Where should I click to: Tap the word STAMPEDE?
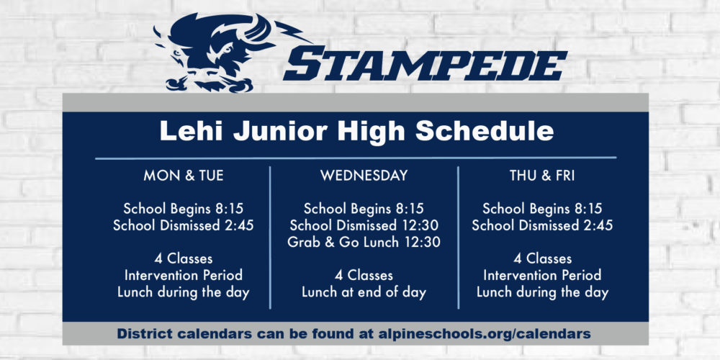[x=426, y=63]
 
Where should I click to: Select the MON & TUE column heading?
[x=184, y=176]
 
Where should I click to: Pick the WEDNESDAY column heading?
[x=364, y=176]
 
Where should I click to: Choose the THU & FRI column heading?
[x=542, y=176]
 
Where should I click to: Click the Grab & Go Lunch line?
[x=364, y=242]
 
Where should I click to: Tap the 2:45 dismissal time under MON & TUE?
[x=237, y=225]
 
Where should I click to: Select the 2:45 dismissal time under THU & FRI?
[x=596, y=225]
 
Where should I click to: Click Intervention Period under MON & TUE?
[x=184, y=276]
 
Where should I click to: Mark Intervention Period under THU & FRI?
[x=542, y=276]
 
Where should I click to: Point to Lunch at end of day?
[x=364, y=292]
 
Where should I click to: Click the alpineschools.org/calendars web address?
[x=485, y=334]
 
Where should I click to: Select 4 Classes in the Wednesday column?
[x=364, y=276]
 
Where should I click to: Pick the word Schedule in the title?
[x=485, y=131]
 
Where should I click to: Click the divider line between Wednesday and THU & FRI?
[x=458, y=238]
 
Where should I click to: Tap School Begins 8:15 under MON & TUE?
[x=183, y=209]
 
